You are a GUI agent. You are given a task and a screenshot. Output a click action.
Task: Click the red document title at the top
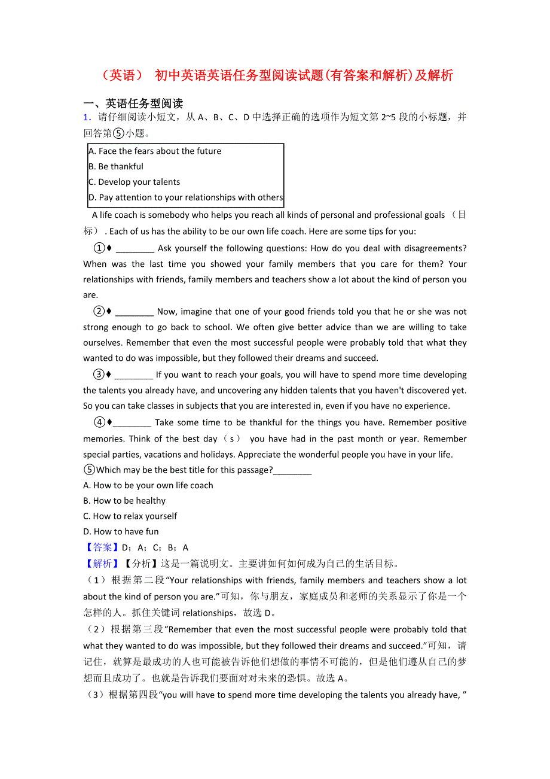click(x=275, y=75)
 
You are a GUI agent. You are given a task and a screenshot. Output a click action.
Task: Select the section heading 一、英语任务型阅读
click(x=133, y=104)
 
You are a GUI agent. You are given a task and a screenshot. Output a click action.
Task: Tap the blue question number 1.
click(x=87, y=117)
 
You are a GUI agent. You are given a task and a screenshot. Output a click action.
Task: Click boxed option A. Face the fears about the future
click(x=155, y=151)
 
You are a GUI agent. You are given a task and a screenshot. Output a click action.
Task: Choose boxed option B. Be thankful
click(x=116, y=167)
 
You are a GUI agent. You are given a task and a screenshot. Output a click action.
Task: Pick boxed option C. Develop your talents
click(x=134, y=182)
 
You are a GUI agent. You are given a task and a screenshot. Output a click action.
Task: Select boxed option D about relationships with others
click(x=185, y=197)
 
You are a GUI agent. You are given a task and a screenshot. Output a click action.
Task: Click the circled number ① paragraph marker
click(x=99, y=248)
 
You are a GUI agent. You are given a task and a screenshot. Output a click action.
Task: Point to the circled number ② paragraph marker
click(x=99, y=312)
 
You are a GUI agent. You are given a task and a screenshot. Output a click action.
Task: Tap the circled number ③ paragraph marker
click(x=99, y=375)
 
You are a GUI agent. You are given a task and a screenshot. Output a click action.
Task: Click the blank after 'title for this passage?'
click(x=292, y=470)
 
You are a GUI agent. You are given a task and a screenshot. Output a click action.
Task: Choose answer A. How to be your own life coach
click(x=148, y=486)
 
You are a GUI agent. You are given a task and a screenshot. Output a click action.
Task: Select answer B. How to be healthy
click(x=124, y=501)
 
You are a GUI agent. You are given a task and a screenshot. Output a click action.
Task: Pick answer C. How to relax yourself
click(x=130, y=516)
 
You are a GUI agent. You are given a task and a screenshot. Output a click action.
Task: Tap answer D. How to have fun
click(x=121, y=532)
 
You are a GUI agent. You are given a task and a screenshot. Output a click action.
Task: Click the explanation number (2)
click(x=95, y=629)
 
